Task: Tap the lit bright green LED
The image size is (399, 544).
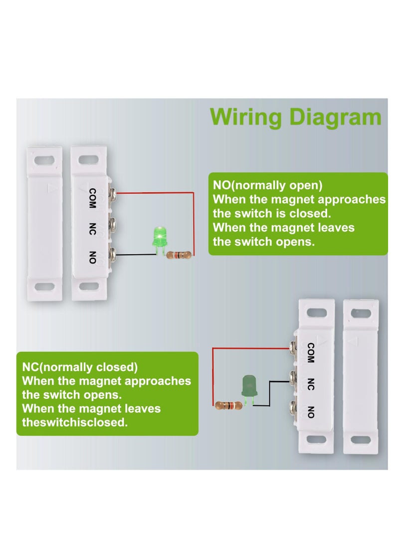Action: [x=160, y=236]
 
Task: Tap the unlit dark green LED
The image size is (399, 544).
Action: [x=248, y=386]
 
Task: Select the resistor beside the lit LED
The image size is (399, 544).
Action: [x=179, y=255]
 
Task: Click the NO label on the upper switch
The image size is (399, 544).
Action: [x=92, y=258]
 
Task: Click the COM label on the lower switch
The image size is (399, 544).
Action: [x=310, y=353]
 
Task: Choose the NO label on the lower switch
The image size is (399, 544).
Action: [x=310, y=412]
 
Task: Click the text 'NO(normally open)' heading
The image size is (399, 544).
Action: [x=268, y=185]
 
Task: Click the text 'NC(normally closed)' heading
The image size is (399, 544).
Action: [x=80, y=367]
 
